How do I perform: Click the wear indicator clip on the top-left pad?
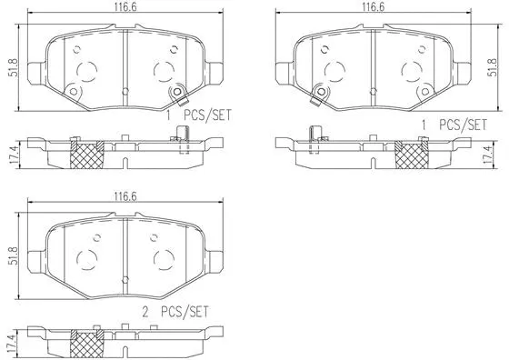coord(176,93)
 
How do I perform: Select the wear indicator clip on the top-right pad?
coord(319,93)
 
